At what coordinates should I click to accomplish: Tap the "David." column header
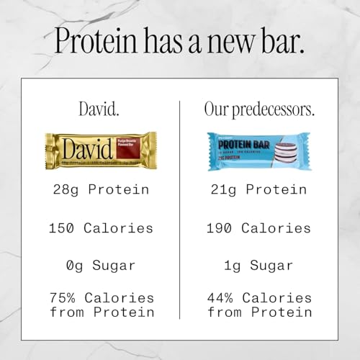tap(101, 109)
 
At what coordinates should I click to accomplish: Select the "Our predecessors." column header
tap(259, 109)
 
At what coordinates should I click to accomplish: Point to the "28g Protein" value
tap(101, 190)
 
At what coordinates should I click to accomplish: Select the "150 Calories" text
tap(101, 228)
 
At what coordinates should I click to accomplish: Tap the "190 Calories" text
tap(259, 228)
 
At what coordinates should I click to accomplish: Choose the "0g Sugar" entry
tap(101, 266)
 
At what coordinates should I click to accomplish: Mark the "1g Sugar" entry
tap(259, 266)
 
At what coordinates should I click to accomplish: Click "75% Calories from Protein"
tap(101, 305)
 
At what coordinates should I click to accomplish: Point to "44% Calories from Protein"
tap(259, 305)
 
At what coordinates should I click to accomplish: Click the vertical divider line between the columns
tap(179, 209)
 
